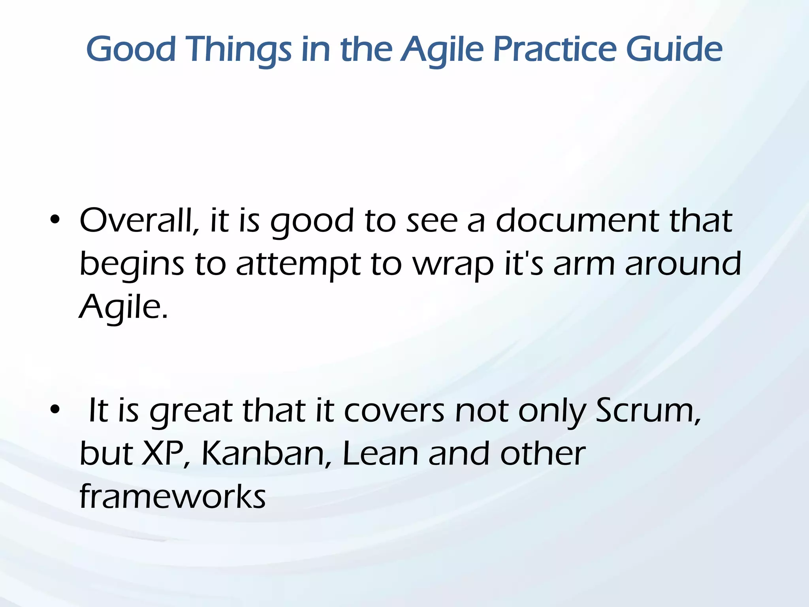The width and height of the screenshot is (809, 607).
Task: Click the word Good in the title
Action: (x=131, y=49)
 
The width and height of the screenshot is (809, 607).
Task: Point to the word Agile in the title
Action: (x=442, y=50)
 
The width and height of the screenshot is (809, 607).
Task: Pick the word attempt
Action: (x=298, y=264)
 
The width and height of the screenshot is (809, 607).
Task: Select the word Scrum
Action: (x=648, y=411)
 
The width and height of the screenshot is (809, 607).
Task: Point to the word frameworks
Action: (x=173, y=497)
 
